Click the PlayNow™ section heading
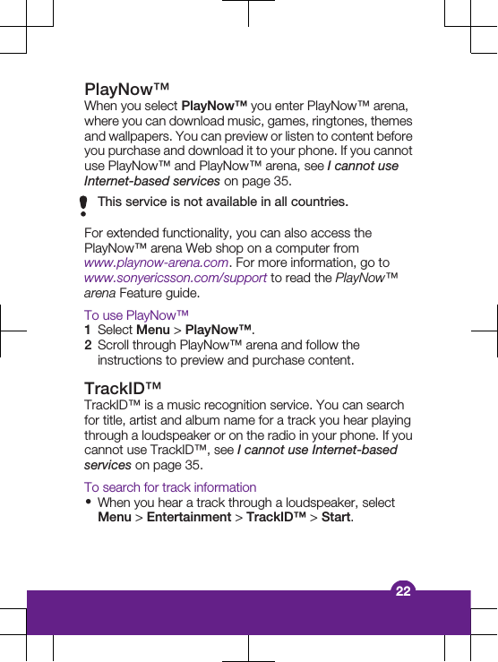[x=127, y=90]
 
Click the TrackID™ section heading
[x=123, y=389]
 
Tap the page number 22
[x=403, y=590]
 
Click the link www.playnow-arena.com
[x=156, y=262]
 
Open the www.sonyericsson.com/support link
[x=175, y=278]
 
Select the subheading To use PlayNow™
[x=136, y=315]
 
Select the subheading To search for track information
[x=170, y=487]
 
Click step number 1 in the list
[x=88, y=330]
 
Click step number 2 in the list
[x=88, y=345]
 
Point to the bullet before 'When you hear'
[x=88, y=503]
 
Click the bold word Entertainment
[x=188, y=517]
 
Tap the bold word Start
[x=336, y=517]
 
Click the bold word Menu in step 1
[x=153, y=330]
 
